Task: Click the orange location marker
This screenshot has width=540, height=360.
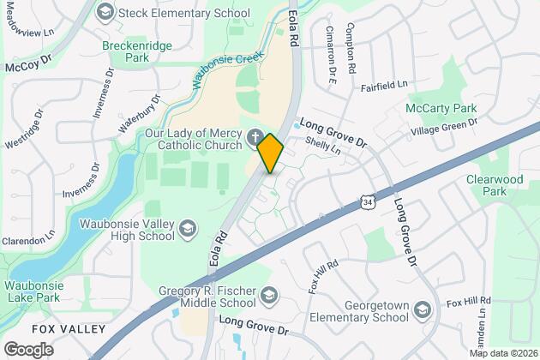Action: tap(270, 153)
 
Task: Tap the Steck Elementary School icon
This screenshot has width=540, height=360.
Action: tap(106, 12)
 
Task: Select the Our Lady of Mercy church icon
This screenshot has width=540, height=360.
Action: tap(255, 137)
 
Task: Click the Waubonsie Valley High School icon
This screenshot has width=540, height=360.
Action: tap(188, 227)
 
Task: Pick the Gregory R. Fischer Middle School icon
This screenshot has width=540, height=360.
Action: tap(271, 295)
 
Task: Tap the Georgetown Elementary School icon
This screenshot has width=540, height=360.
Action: tap(422, 309)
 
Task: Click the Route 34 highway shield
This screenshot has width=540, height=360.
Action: tap(367, 201)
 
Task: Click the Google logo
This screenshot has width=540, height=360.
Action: tap(28, 349)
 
